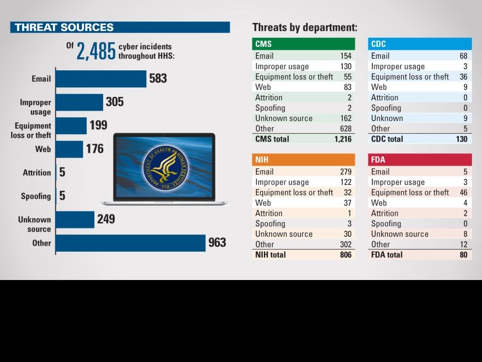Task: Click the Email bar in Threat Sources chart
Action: [x=101, y=79]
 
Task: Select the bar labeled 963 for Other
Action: [x=130, y=243]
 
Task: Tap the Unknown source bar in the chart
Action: [x=75, y=219]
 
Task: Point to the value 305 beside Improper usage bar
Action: [x=114, y=102]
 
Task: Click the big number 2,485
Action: [x=96, y=51]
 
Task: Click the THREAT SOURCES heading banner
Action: [x=120, y=27]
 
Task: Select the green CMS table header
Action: [x=303, y=44]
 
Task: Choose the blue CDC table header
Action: [x=419, y=44]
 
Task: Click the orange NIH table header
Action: [x=303, y=160]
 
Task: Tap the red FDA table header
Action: [x=419, y=160]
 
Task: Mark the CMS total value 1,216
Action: [x=343, y=139]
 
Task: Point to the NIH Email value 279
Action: [x=346, y=171]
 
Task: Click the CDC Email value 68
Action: [x=463, y=56]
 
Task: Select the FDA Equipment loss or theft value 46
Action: [x=463, y=192]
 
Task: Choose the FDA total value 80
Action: [x=463, y=254]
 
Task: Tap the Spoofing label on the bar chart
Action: [x=36, y=196]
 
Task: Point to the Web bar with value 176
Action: [x=70, y=149]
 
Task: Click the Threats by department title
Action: [x=304, y=28]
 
